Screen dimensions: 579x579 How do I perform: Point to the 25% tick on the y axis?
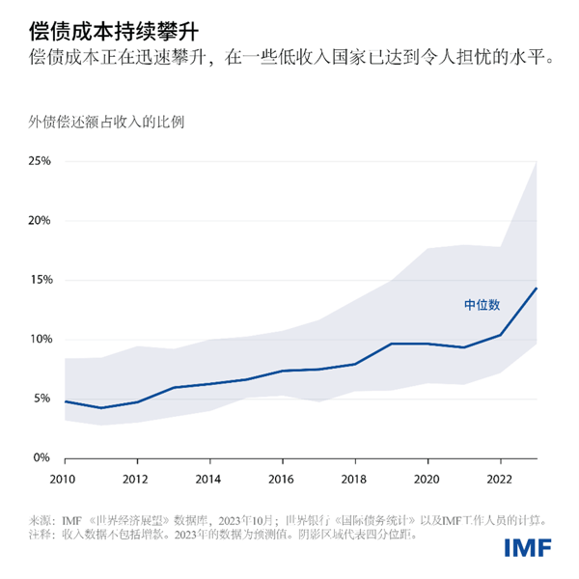coord(39,160)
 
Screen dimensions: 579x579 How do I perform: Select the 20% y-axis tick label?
coord(39,220)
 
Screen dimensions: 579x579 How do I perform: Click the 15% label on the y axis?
coord(39,280)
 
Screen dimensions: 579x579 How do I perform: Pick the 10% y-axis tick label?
coord(39,340)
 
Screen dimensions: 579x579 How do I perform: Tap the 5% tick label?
coord(41,399)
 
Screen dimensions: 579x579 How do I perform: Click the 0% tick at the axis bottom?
coord(41,458)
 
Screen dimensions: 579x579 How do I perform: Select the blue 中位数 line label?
coord(482,305)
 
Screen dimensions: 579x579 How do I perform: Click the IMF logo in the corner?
coord(527,548)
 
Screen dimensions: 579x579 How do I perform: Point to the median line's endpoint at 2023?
coord(537,288)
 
